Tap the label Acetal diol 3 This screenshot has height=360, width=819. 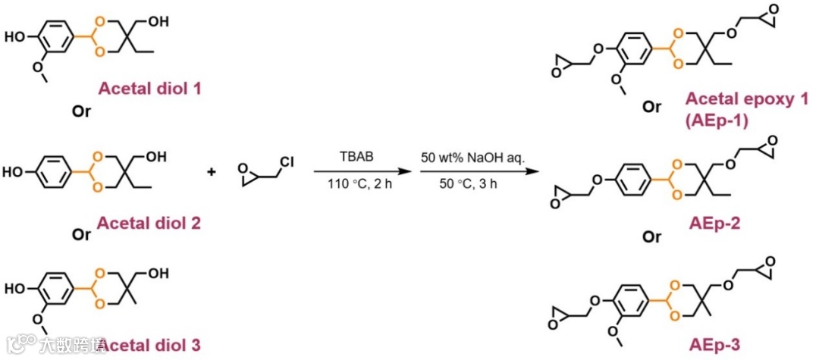click(149, 345)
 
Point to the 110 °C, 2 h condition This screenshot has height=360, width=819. click(356, 186)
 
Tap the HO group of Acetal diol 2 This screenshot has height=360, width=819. click(17, 172)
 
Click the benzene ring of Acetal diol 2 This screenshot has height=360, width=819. click(56, 172)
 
